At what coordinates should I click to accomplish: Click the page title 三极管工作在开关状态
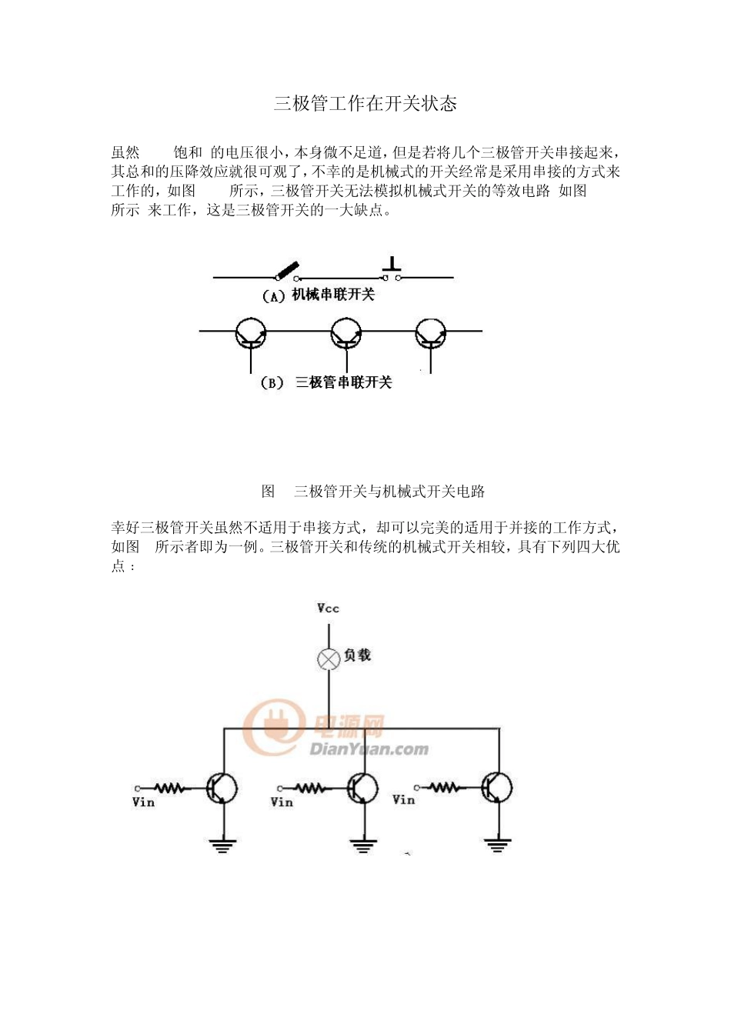tap(365, 104)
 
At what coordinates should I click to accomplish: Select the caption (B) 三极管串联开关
tap(326, 382)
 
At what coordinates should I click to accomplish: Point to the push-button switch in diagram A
tap(392, 271)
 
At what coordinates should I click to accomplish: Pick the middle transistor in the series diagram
tap(346, 333)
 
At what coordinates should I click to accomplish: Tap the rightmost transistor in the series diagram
tap(430, 333)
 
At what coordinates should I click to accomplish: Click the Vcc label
tap(328, 608)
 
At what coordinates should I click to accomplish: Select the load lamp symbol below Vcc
tap(329, 659)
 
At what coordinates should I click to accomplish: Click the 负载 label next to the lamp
tap(357, 655)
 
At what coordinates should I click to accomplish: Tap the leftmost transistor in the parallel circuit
tap(222, 788)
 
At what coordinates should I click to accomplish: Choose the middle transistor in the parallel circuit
tap(362, 788)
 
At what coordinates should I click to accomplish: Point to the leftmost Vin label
tap(144, 802)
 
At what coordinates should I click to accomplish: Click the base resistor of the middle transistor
tap(310, 788)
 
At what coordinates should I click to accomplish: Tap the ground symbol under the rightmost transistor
tap(498, 845)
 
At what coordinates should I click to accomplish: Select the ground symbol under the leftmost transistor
tap(222, 846)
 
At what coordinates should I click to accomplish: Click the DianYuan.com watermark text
tap(369, 749)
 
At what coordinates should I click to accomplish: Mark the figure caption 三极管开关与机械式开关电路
tap(389, 491)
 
